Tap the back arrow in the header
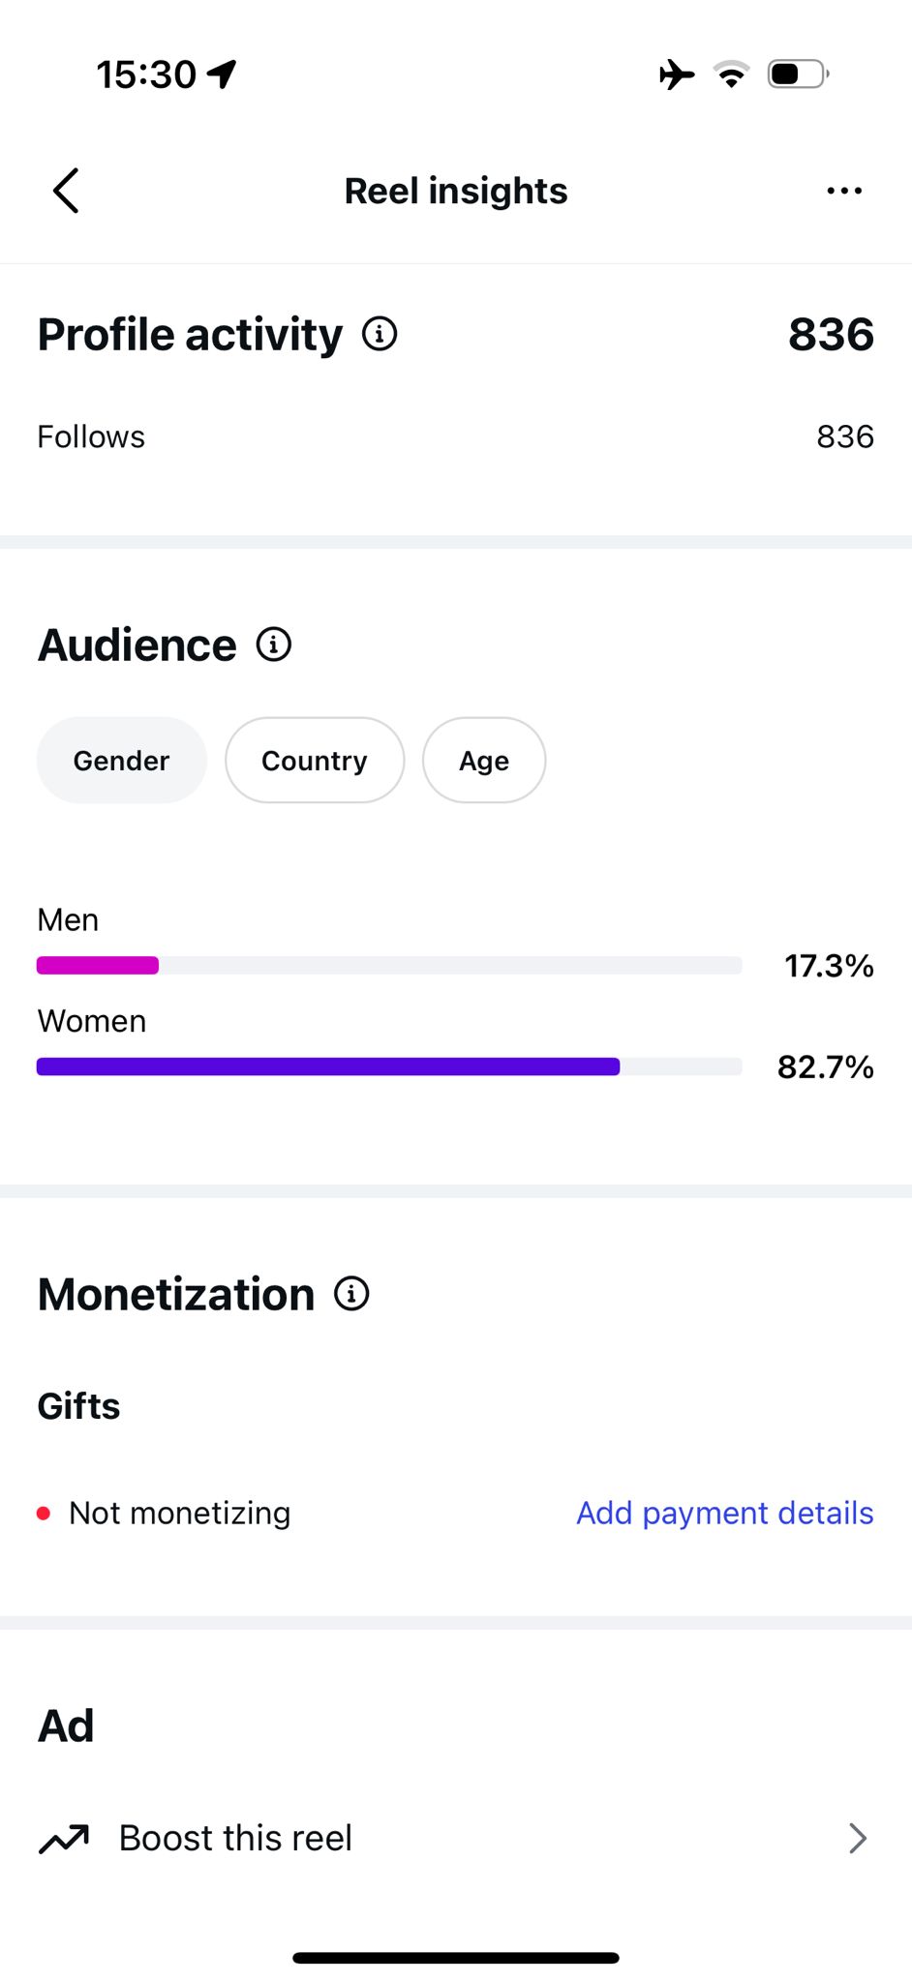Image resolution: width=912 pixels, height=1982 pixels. tap(65, 191)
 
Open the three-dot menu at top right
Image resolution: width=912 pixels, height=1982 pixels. tap(844, 191)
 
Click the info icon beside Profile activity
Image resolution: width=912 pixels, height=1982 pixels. tap(380, 334)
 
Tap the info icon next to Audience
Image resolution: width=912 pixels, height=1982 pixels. tap(274, 645)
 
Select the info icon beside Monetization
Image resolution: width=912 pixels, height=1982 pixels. tap(351, 1294)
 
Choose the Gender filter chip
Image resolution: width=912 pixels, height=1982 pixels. tap(122, 761)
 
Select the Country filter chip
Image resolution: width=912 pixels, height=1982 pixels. tap(315, 761)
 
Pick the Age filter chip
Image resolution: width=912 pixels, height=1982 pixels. tap(484, 761)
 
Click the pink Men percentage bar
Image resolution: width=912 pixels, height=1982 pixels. tap(98, 965)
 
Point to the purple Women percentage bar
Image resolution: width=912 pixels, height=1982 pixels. tap(328, 1066)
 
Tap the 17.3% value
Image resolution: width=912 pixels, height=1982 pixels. tap(829, 966)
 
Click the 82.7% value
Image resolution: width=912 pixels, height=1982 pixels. tap(826, 1067)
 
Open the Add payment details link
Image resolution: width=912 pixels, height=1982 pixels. tap(725, 1513)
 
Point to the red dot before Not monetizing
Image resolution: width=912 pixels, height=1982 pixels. tap(44, 1514)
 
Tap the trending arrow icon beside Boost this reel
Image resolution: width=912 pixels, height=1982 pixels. tap(64, 1838)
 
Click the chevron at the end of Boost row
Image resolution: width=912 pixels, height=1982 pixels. tap(858, 1838)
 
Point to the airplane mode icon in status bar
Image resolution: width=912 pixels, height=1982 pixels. tap(677, 74)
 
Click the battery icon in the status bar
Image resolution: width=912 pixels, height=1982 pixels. tap(799, 74)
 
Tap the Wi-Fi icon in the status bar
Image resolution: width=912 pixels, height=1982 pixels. tap(731, 74)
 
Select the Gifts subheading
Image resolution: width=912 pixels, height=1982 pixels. tap(79, 1406)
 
